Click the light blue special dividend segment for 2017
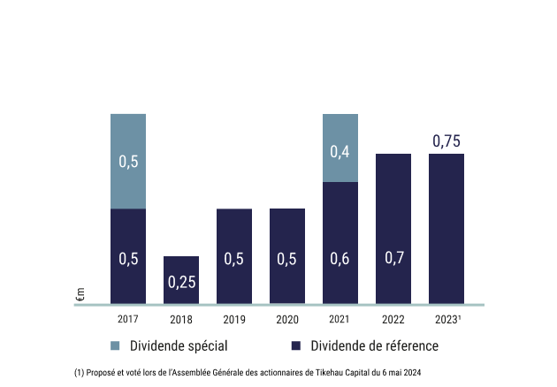click(x=128, y=161)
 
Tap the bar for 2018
click(x=181, y=280)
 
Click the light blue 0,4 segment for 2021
click(x=340, y=148)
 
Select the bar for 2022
click(x=393, y=229)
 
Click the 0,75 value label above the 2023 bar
click(x=446, y=140)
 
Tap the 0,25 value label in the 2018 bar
click(x=181, y=283)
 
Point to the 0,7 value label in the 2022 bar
click(x=393, y=259)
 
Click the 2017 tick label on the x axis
click(x=128, y=319)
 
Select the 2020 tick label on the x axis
click(x=287, y=319)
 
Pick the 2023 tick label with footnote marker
click(x=447, y=319)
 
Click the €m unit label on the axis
click(x=80, y=294)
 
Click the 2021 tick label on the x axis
click(x=340, y=319)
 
